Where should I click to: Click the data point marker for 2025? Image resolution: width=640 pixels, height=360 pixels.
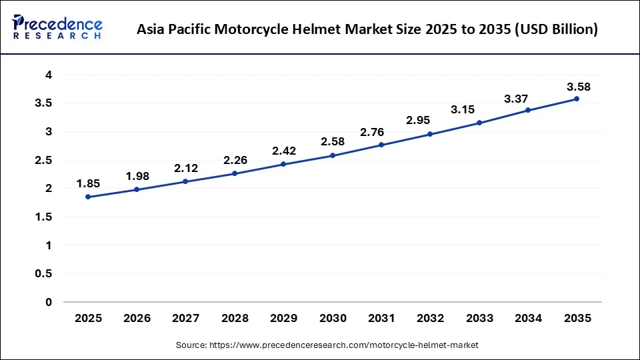[88, 197]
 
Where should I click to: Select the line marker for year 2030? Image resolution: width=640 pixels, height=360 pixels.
[333, 155]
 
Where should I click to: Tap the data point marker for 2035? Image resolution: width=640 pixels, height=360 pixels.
[577, 99]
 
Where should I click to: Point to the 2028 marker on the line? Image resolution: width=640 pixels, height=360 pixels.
[235, 173]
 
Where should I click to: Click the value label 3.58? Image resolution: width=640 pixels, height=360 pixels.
[578, 87]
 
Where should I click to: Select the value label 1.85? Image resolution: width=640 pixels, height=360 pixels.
[88, 184]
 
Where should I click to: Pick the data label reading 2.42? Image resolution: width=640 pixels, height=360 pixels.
[284, 151]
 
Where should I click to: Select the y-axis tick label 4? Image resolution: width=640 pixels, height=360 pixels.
[48, 75]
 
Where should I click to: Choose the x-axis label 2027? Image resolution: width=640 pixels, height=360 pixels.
[186, 319]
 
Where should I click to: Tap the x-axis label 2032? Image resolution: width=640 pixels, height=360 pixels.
[430, 319]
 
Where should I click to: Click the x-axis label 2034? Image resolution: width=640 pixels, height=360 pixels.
[528, 319]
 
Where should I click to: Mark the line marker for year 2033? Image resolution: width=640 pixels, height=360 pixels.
[479, 123]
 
